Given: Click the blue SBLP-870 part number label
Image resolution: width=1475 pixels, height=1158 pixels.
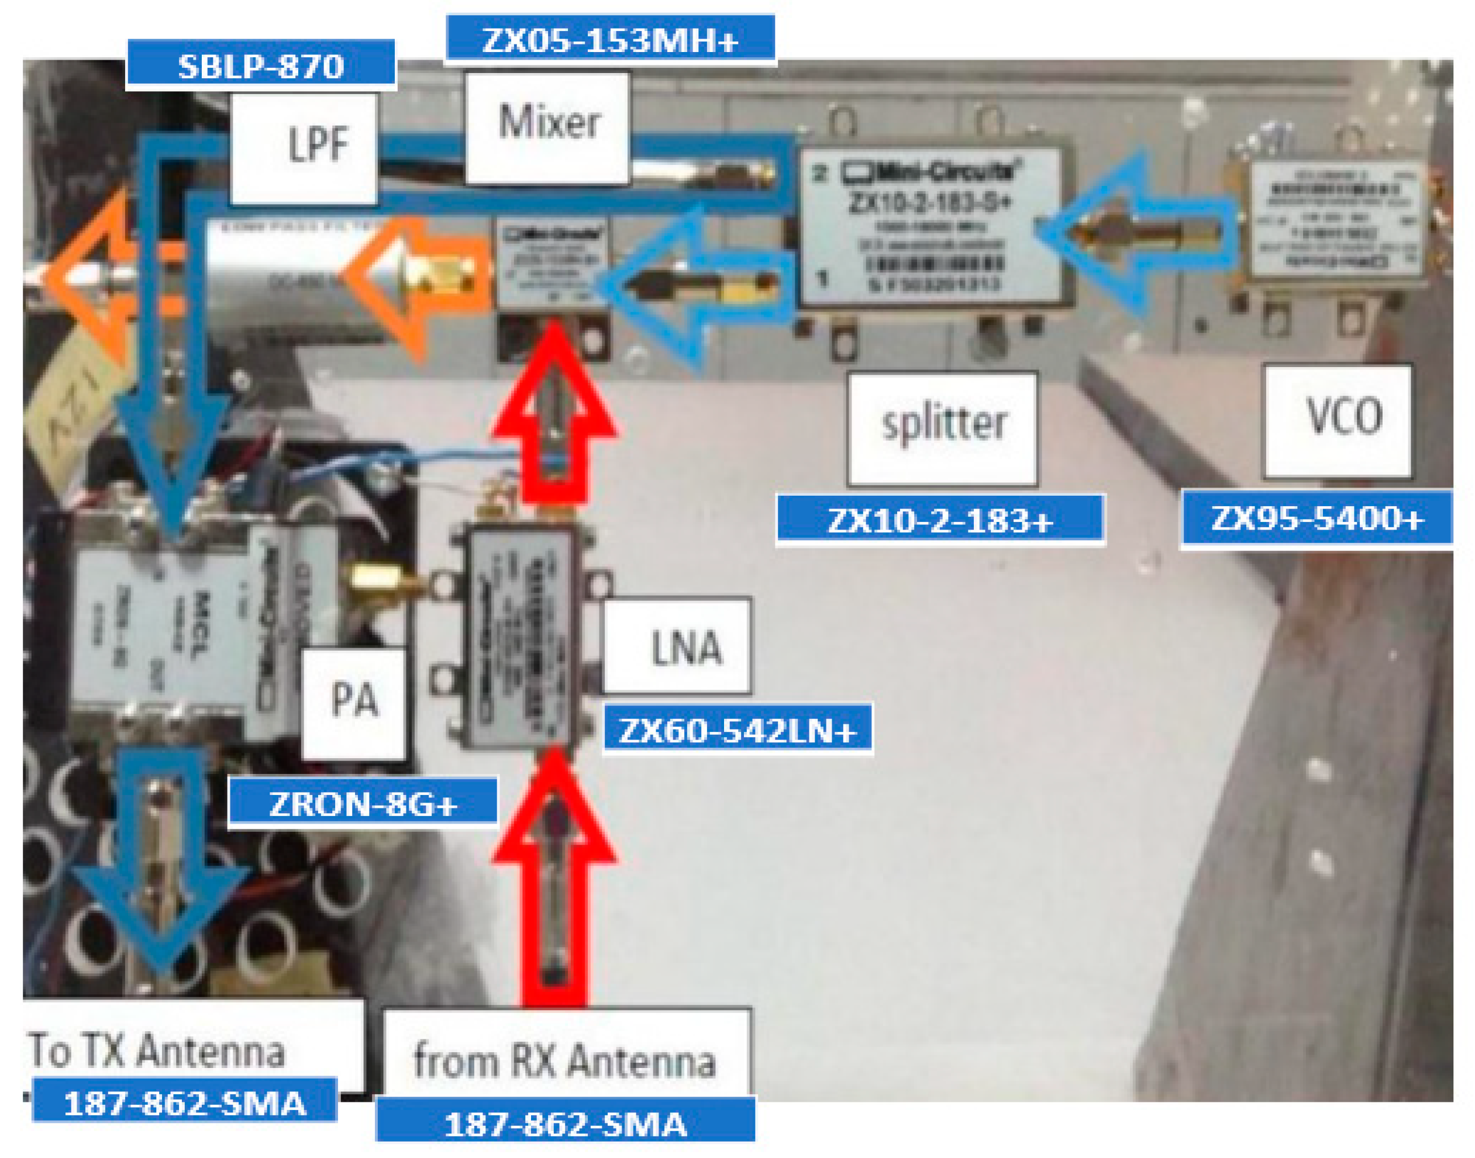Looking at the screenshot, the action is (260, 66).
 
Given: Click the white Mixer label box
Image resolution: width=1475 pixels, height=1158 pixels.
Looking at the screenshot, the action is (547, 127).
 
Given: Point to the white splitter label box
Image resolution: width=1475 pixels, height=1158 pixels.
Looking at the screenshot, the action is (942, 427).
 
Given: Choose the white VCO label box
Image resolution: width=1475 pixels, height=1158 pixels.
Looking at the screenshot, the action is (1338, 420).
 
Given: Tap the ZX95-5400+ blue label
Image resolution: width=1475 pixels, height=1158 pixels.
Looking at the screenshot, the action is (1317, 518).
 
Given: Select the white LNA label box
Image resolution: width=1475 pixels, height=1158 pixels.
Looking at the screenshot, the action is (677, 645).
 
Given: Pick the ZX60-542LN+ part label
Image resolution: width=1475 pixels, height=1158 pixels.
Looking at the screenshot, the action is (737, 730).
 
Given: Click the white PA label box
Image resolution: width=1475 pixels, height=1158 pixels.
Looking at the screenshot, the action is (353, 703).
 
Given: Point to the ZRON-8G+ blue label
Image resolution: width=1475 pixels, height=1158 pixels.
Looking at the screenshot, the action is (363, 803).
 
